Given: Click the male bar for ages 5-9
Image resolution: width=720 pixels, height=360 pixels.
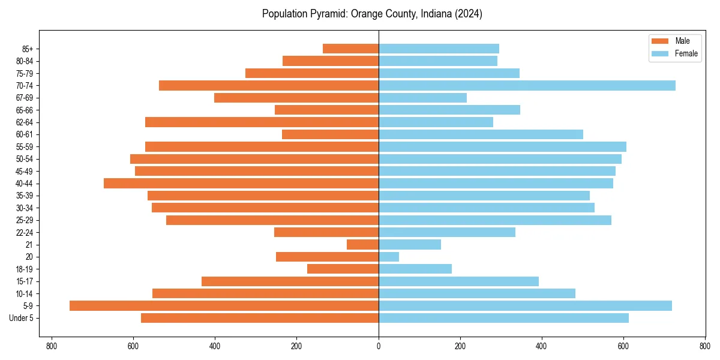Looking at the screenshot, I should tap(224, 306).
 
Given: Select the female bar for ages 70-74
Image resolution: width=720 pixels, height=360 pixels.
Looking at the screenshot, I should tap(527, 85).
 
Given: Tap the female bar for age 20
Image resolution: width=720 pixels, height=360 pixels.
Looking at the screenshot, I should tap(389, 257).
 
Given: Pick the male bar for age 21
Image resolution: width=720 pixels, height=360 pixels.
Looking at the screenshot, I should tap(362, 245).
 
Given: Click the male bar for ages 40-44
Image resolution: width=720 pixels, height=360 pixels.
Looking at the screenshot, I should tap(241, 184).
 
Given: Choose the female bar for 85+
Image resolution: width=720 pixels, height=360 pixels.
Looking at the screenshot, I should tap(439, 49).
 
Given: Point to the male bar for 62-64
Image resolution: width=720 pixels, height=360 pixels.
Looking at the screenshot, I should tap(262, 122).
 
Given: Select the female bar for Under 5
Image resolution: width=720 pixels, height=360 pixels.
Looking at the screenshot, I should tap(503, 318).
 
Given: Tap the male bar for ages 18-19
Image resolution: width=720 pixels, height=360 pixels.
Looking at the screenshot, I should tap(343, 269).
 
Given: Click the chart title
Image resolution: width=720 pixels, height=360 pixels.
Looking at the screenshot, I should tap(372, 14).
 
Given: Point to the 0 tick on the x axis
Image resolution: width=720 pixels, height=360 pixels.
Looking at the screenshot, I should tap(379, 346).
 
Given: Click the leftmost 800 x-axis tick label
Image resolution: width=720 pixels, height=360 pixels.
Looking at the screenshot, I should tap(52, 346).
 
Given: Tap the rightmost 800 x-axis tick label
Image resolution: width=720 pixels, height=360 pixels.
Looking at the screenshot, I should tap(705, 346).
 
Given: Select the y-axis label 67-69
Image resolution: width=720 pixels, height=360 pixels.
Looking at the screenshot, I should tap(25, 98).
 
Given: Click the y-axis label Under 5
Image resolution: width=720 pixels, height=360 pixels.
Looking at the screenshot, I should tap(22, 318).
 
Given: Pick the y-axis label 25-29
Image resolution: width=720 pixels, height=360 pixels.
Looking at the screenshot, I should tap(25, 220).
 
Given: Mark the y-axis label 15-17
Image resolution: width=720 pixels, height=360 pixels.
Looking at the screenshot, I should tap(25, 281).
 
